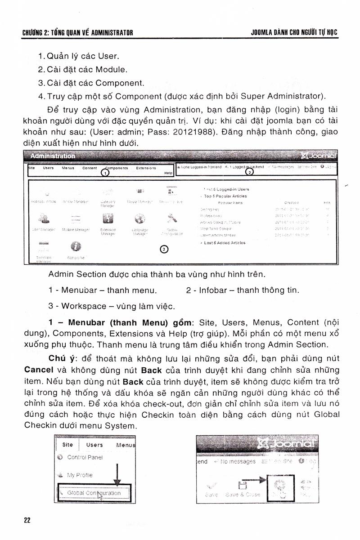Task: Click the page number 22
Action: tap(27, 520)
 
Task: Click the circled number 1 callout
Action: tap(104, 172)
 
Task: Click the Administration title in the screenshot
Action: tap(53, 156)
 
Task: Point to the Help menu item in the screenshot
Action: tap(168, 173)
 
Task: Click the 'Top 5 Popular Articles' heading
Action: tap(225, 196)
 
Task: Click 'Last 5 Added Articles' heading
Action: tap(225, 243)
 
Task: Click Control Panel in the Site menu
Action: tap(85, 457)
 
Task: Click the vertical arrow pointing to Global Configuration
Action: tap(117, 474)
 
